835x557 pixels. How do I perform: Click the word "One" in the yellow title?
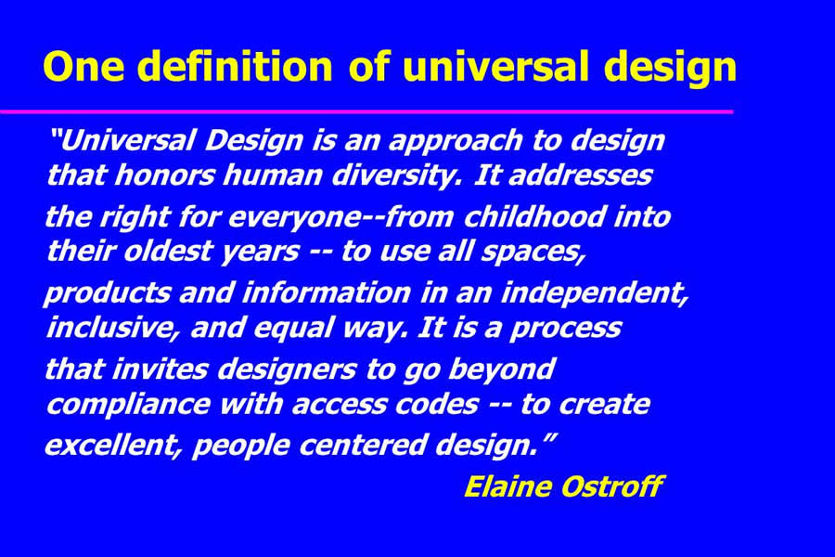click(x=83, y=66)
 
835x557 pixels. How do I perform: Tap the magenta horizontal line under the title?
click(x=366, y=111)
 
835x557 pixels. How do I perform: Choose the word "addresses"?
click(x=581, y=175)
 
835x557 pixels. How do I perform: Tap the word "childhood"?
click(x=534, y=216)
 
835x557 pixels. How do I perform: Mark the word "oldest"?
click(x=168, y=251)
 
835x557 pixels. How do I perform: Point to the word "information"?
click(x=326, y=292)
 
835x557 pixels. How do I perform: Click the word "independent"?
click(x=595, y=294)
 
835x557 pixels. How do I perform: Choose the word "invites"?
click(x=160, y=369)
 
